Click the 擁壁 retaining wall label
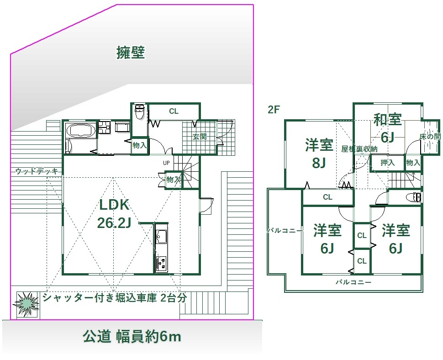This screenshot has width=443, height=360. (x=131, y=53)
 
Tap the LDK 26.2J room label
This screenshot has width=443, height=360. (x=114, y=214)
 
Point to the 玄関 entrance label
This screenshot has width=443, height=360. (x=200, y=137)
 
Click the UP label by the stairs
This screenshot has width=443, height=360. (x=166, y=163)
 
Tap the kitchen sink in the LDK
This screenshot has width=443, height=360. (x=161, y=237)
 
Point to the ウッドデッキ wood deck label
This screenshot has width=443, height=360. (x=37, y=171)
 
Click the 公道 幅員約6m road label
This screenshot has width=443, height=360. (x=132, y=337)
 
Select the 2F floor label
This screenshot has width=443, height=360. (x=274, y=110)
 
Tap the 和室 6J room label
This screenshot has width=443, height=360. (x=388, y=128)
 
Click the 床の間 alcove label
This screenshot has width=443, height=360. (x=430, y=137)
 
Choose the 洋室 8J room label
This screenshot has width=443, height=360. (x=319, y=154)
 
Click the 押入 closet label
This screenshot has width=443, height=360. (x=387, y=163)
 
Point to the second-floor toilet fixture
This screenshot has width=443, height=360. (x=414, y=197)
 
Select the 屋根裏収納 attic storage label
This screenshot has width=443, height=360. (x=359, y=149)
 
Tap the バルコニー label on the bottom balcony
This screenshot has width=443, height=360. (x=353, y=282)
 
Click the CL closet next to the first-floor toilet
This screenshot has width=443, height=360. (x=174, y=111)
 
